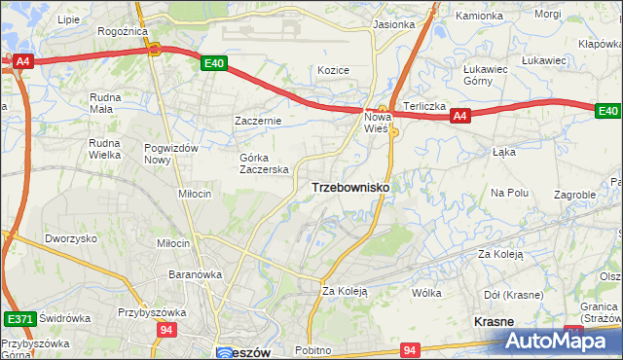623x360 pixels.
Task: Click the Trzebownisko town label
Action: coord(350,187)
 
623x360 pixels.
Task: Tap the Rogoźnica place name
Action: coord(122,31)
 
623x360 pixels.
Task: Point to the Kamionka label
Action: coord(480,17)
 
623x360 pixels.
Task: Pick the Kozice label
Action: coord(333,70)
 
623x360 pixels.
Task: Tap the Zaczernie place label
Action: coord(258,121)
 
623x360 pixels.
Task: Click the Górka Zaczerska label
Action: coord(265,162)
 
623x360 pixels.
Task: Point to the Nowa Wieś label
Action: coord(377,122)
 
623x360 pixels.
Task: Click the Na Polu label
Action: coord(509,193)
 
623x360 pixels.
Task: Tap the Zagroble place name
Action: coord(574,195)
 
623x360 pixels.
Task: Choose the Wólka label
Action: coord(426,292)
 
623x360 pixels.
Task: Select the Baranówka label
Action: coord(195,274)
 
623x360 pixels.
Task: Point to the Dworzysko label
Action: coord(70,238)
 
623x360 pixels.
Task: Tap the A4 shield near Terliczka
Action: coord(461,117)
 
